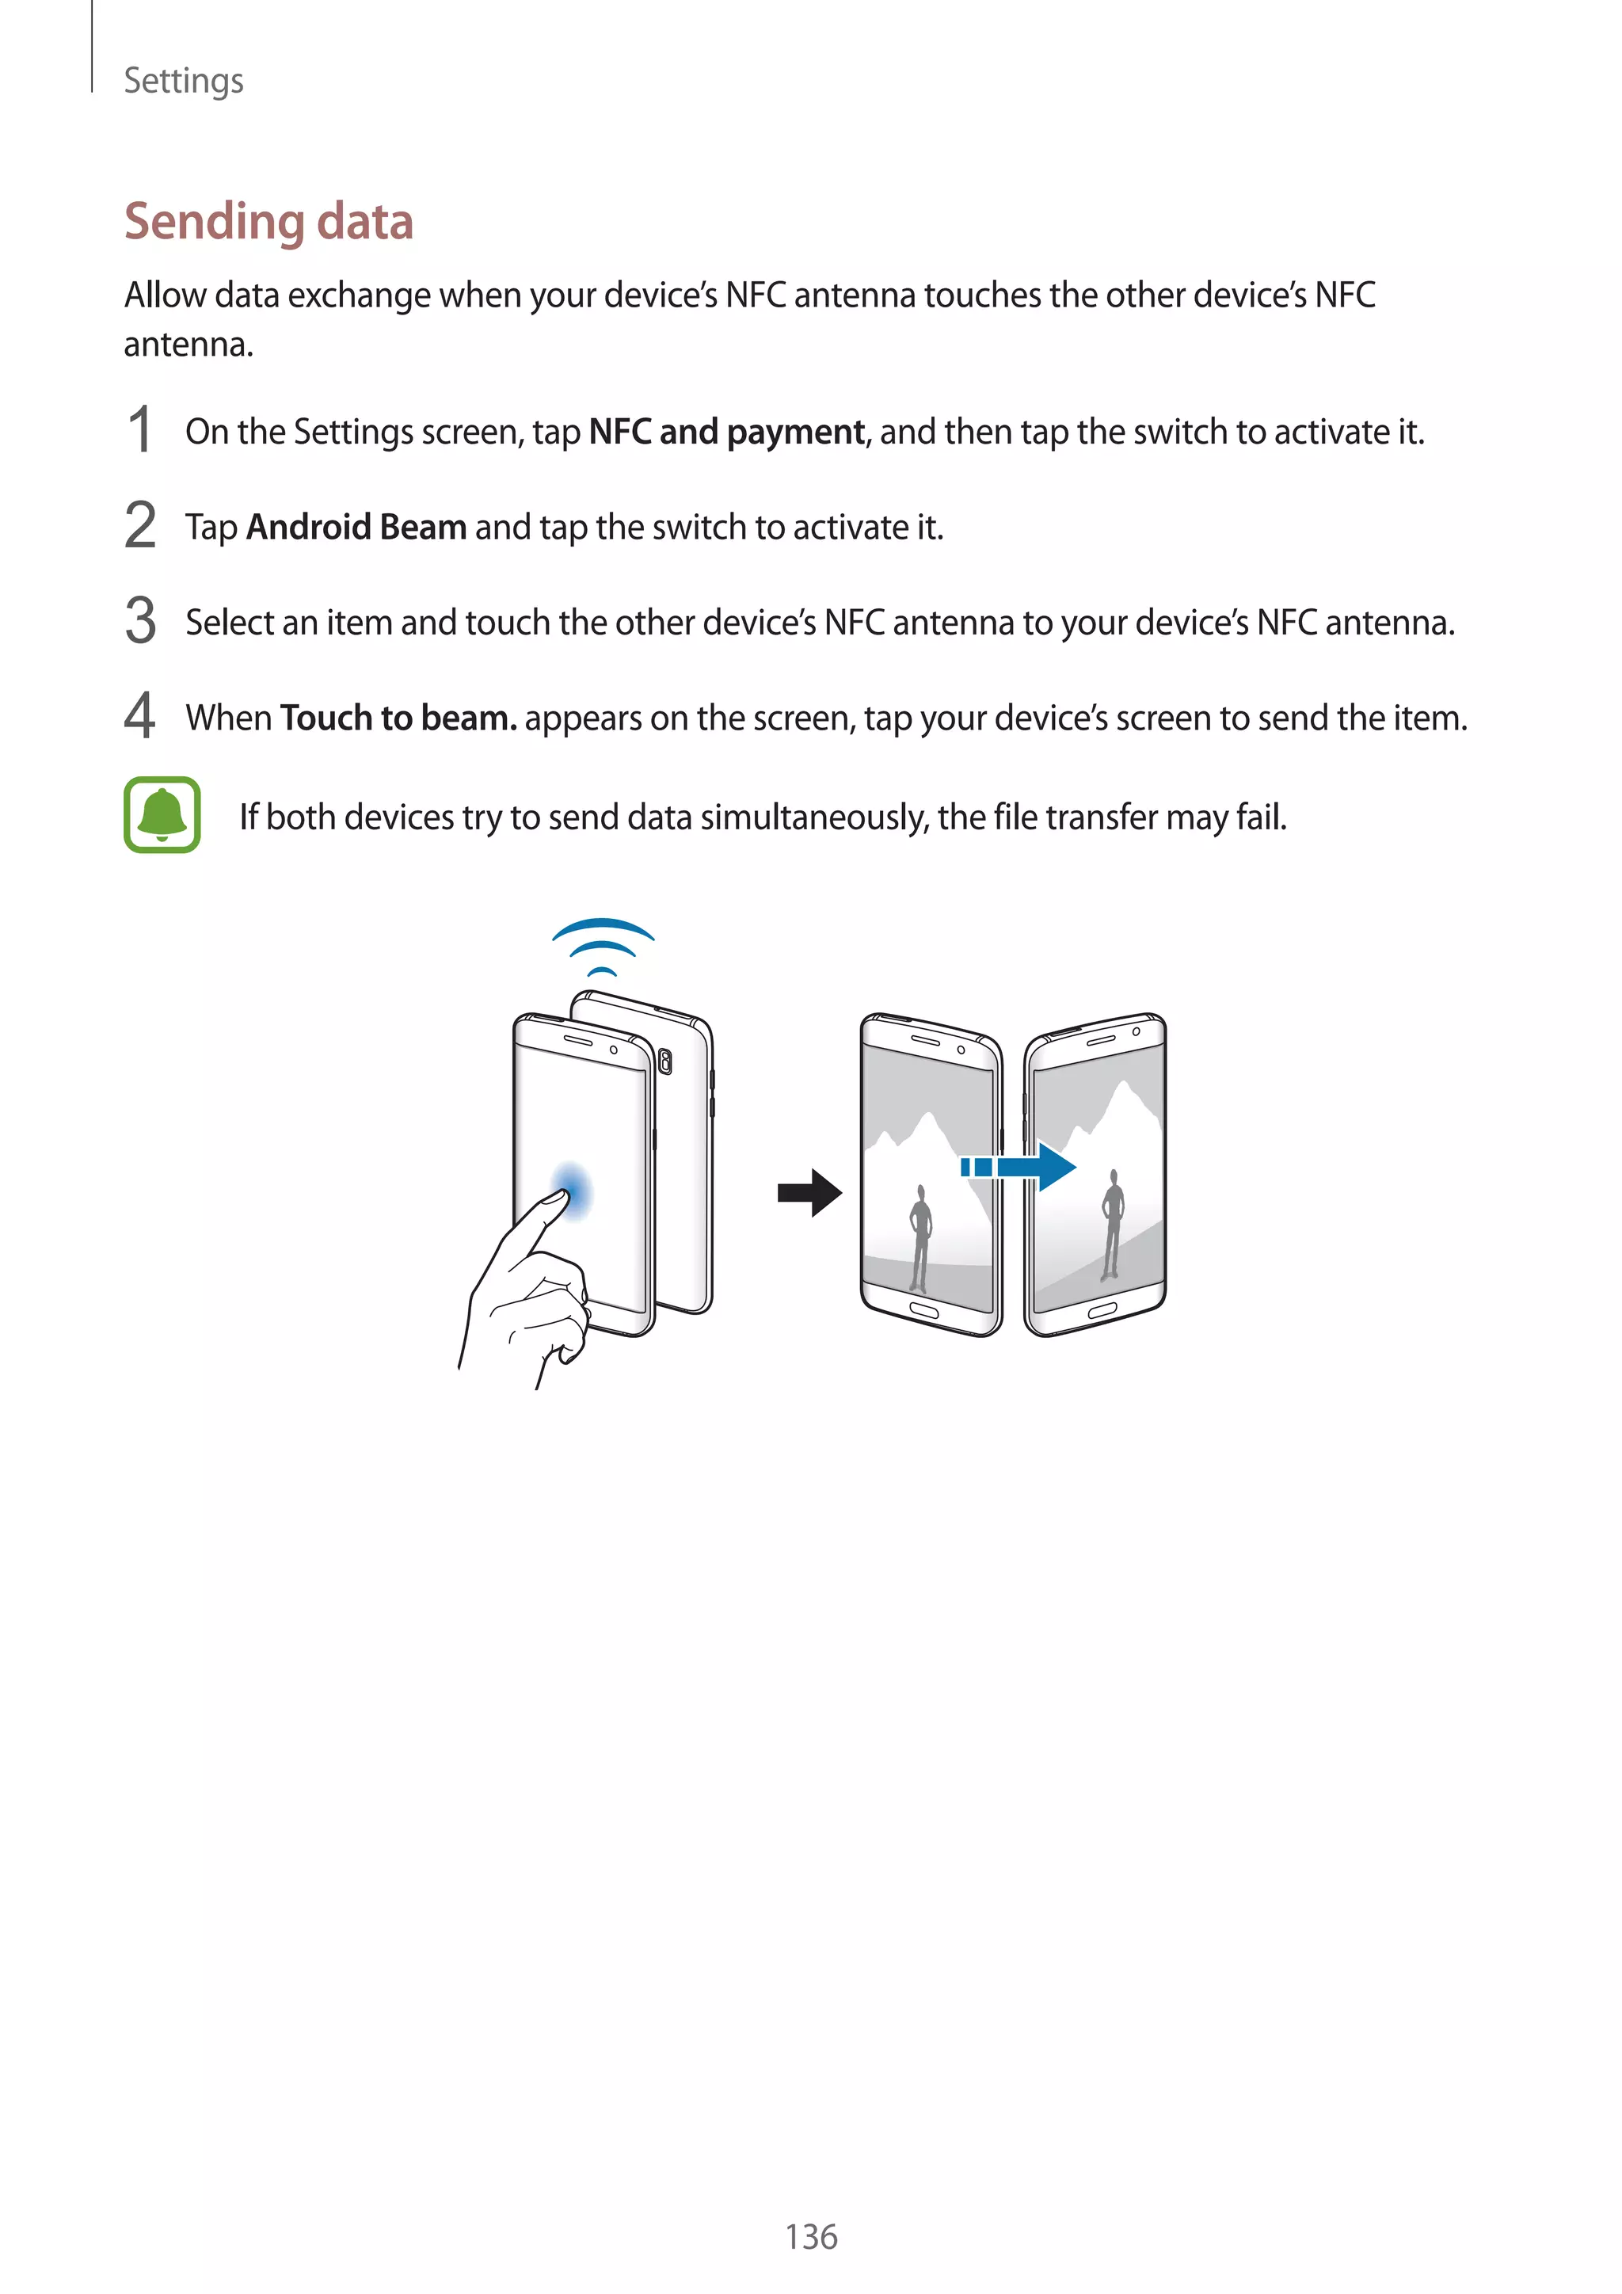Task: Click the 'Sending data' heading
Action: (268, 222)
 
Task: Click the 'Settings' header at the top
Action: (183, 80)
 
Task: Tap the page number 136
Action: (810, 2236)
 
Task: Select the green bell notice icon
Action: (162, 814)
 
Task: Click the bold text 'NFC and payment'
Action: (726, 432)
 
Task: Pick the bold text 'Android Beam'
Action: (356, 527)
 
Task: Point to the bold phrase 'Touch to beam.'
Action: (398, 718)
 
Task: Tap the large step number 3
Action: (141, 620)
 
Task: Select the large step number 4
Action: (140, 715)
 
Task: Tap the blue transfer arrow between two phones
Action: (1019, 1166)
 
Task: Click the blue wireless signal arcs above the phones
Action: (602, 945)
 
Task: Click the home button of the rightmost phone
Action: (1102, 1310)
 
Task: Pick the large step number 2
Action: (141, 525)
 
